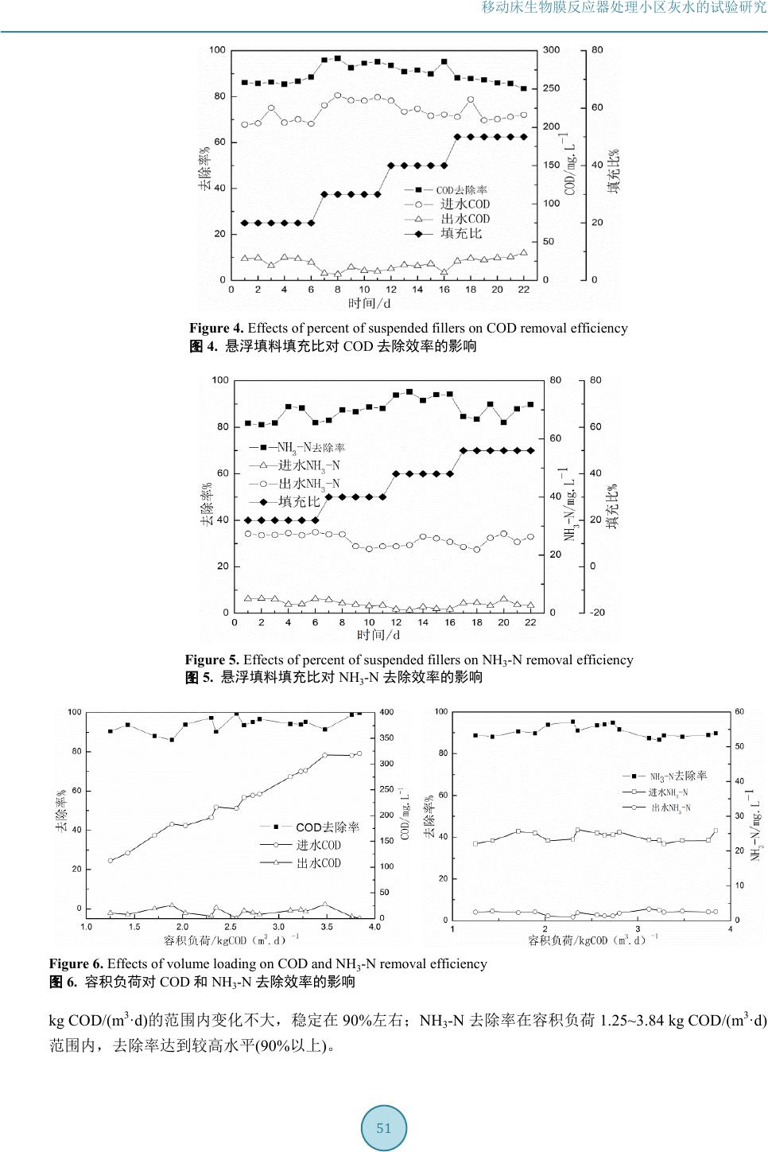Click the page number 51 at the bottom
(384, 1128)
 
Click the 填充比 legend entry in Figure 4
(461, 233)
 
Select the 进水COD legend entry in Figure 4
(465, 204)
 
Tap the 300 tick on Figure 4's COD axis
(551, 50)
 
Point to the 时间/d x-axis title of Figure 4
(370, 303)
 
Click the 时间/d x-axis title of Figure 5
(378, 635)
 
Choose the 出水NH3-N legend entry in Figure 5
(308, 484)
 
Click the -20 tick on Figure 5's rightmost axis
(597, 613)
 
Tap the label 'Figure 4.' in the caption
(217, 329)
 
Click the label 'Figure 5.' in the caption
(212, 660)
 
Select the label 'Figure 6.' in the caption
(76, 964)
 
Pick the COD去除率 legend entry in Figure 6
(327, 827)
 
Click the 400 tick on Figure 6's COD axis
(386, 712)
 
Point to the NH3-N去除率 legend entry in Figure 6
(677, 776)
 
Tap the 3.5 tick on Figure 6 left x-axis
(326, 927)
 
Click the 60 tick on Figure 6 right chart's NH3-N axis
(739, 711)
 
